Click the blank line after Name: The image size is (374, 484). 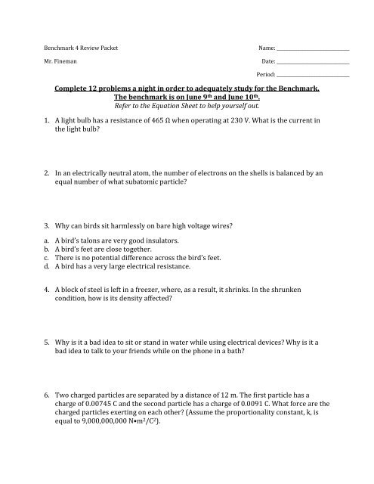pos(317,49)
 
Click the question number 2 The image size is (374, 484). pos(46,173)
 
